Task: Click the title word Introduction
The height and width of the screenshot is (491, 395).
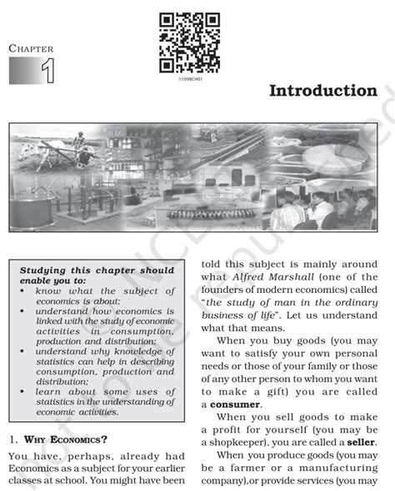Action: tap(322, 90)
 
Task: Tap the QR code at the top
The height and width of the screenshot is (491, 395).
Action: tap(189, 42)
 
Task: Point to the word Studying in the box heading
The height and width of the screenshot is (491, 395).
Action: tap(46, 270)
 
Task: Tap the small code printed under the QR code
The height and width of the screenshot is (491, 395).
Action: tap(190, 77)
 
